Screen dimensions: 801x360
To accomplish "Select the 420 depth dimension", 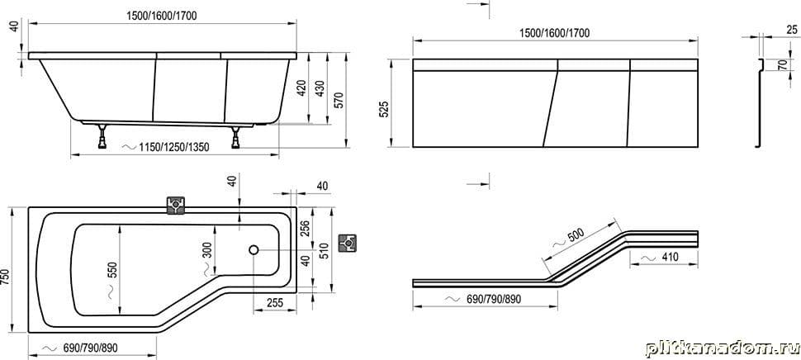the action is pyautogui.click(x=302, y=88).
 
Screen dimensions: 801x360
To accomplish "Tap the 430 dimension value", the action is pyautogui.click(x=320, y=88).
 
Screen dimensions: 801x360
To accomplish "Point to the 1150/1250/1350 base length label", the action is pyautogui.click(x=173, y=148).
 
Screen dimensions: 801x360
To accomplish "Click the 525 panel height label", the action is pyautogui.click(x=385, y=110).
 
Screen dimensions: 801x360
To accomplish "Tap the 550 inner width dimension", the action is pyautogui.click(x=113, y=269).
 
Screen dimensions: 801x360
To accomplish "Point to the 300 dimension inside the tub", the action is pyautogui.click(x=207, y=250).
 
